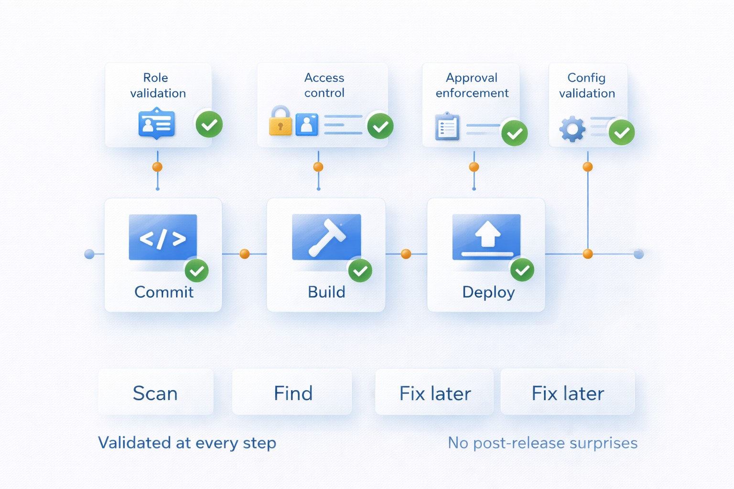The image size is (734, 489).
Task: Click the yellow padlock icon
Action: tap(281, 122)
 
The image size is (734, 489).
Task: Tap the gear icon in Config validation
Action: tap(572, 129)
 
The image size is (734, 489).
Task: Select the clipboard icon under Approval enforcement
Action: tap(447, 127)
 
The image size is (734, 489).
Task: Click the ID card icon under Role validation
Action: tap(157, 124)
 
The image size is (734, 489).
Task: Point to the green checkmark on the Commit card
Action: tap(196, 271)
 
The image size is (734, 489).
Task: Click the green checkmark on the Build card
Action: tap(360, 271)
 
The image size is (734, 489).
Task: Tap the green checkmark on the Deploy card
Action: tap(522, 270)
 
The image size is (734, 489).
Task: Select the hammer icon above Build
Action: tap(326, 237)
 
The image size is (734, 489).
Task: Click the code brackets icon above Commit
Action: tap(163, 237)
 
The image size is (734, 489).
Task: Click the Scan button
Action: tap(156, 392)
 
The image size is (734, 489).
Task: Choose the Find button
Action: tap(292, 392)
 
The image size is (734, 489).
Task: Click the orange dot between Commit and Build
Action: tap(245, 254)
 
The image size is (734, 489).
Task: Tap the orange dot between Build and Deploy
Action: tap(406, 254)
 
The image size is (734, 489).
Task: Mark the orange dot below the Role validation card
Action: tap(157, 167)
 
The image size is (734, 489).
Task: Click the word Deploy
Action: tap(488, 292)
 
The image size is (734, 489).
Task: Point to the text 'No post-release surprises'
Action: tap(542, 443)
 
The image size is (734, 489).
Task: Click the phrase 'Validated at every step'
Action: tap(187, 443)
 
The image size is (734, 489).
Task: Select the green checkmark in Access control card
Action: tap(380, 126)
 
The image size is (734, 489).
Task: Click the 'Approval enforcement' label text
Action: tap(472, 85)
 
